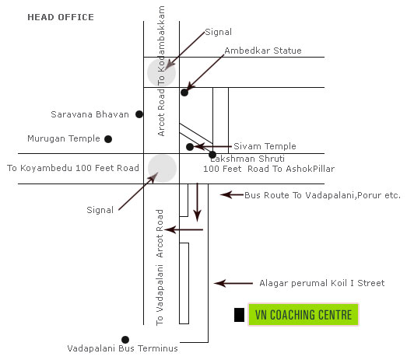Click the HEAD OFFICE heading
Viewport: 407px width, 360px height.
pyautogui.click(x=61, y=17)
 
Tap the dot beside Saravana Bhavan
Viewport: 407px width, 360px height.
pyautogui.click(x=139, y=114)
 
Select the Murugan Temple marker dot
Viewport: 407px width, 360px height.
pyautogui.click(x=108, y=139)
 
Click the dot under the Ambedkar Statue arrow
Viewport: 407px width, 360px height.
pyautogui.click(x=184, y=93)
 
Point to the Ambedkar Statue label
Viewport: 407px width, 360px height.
pyautogui.click(x=263, y=51)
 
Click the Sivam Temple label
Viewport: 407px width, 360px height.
pyautogui.click(x=265, y=146)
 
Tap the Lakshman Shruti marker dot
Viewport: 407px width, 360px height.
pyautogui.click(x=212, y=155)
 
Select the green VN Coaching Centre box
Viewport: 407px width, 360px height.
pyautogui.click(x=303, y=315)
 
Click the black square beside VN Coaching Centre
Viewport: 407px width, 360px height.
pyautogui.click(x=239, y=315)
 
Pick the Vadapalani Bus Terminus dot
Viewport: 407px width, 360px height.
pyautogui.click(x=125, y=340)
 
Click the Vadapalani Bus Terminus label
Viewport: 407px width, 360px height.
pyautogui.click(x=122, y=348)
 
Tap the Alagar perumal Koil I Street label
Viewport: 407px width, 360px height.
pyautogui.click(x=322, y=283)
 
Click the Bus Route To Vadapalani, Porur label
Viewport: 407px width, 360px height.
pyautogui.click(x=322, y=195)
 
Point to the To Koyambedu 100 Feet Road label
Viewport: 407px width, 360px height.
pyautogui.click(x=73, y=168)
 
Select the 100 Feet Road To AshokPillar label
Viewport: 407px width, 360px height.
pyautogui.click(x=269, y=169)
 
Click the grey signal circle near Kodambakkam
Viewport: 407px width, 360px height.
pyautogui.click(x=161, y=72)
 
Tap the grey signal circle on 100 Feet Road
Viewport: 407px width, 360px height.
pyautogui.click(x=162, y=169)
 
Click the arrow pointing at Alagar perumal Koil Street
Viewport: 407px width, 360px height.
pyautogui.click(x=233, y=283)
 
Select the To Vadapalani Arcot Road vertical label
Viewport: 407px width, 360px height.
pyautogui.click(x=160, y=267)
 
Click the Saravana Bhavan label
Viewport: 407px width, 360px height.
pyautogui.click(x=89, y=114)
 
